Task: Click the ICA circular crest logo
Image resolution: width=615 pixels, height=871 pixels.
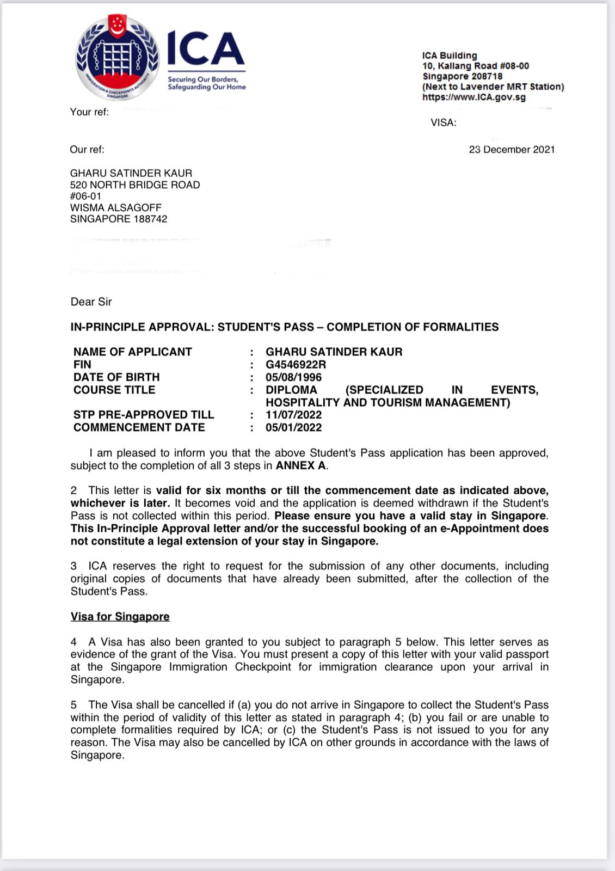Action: [x=117, y=58]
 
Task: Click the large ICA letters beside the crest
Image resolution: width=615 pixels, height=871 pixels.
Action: [x=206, y=48]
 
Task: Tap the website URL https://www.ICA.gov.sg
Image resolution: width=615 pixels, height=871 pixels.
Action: [x=473, y=97]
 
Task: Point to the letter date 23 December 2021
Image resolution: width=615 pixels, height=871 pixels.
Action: [x=512, y=150]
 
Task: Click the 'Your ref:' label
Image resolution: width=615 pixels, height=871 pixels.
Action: [x=89, y=112]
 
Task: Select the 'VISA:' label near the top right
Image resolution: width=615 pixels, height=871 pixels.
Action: [x=443, y=123]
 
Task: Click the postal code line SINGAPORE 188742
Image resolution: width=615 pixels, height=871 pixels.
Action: [x=119, y=219]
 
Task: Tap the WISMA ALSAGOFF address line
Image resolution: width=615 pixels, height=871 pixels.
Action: [x=116, y=208]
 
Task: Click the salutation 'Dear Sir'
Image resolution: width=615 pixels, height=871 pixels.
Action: [x=91, y=302]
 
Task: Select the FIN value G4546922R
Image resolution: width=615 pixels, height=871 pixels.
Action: [x=296, y=365]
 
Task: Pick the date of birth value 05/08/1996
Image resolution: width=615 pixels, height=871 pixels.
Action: [x=293, y=377]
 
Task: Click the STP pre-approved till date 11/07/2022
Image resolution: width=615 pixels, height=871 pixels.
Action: [x=293, y=415]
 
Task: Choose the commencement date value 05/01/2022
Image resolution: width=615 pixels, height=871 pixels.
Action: [x=293, y=427]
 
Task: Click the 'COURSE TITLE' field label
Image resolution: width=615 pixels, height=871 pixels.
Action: [x=114, y=390]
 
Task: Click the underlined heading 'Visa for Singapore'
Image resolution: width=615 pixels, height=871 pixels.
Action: [x=120, y=617]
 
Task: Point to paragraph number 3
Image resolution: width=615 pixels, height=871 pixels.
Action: [x=73, y=566]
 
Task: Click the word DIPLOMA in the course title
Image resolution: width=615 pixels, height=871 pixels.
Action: [x=291, y=390]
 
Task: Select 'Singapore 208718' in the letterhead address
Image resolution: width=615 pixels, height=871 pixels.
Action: [x=462, y=76]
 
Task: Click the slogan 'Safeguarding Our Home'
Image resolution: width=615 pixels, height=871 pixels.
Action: [x=206, y=87]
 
